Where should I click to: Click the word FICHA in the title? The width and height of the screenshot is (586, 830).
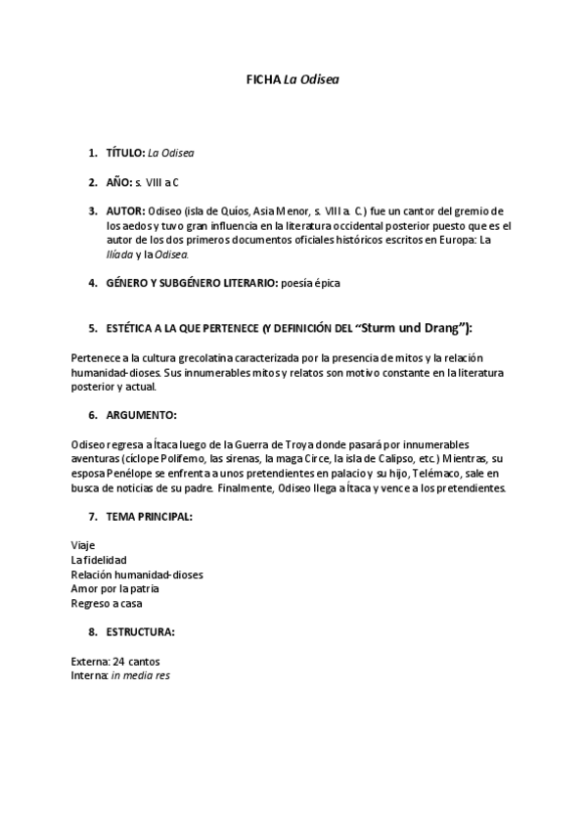click(262, 81)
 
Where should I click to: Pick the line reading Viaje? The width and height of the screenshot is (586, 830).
click(83, 544)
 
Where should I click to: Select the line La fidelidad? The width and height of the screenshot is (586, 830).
click(99, 559)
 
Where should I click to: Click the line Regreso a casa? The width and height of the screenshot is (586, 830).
click(100, 603)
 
